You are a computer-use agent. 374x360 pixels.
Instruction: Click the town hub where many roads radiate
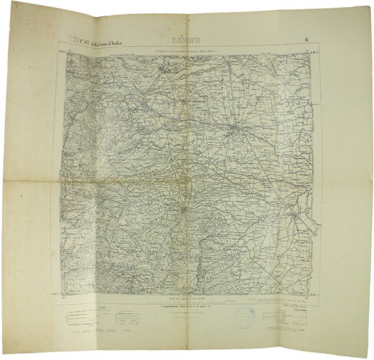(x=233, y=130)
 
